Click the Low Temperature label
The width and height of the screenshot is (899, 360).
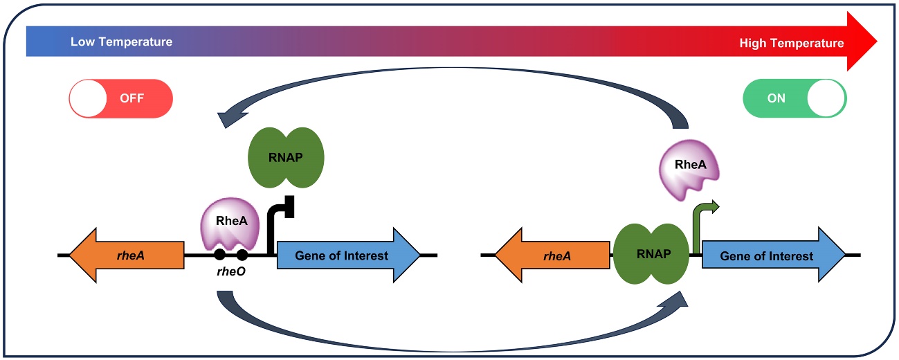(121, 42)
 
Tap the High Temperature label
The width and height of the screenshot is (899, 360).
(791, 43)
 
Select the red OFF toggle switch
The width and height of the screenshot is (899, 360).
(120, 98)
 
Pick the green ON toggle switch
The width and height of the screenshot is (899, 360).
(794, 98)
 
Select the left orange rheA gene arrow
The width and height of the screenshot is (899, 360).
(127, 255)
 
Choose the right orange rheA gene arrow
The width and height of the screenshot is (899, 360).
(552, 255)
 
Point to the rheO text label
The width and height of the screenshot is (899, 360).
(230, 273)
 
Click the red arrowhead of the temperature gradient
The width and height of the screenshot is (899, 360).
(861, 42)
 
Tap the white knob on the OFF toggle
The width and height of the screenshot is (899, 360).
(88, 98)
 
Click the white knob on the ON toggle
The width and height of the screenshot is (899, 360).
(827, 98)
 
